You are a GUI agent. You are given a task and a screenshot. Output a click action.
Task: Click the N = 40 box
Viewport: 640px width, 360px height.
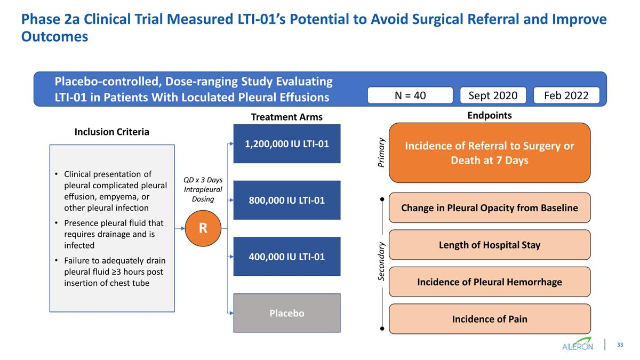[410, 95]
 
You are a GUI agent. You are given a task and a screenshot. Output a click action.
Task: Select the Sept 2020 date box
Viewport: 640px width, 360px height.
[493, 95]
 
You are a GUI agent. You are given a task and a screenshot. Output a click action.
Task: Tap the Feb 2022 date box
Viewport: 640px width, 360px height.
[566, 95]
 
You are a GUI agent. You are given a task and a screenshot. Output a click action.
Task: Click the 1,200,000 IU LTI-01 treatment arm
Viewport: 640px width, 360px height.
[287, 143]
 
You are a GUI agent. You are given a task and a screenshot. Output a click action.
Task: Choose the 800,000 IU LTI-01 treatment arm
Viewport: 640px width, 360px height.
[287, 200]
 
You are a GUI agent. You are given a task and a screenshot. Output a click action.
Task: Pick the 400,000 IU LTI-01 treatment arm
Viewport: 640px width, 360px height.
[287, 257]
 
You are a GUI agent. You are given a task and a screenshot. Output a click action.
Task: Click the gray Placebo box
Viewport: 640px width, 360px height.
[287, 313]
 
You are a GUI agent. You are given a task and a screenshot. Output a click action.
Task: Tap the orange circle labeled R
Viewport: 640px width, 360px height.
[203, 228]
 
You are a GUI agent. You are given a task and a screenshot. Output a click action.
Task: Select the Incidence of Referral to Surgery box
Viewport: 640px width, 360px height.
[490, 153]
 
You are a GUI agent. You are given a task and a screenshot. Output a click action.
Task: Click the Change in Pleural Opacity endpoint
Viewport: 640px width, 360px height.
[490, 207]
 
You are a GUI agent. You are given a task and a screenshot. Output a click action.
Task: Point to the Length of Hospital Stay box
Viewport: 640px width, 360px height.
[490, 245]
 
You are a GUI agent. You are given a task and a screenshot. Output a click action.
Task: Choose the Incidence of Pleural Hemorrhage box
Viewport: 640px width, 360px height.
[490, 282]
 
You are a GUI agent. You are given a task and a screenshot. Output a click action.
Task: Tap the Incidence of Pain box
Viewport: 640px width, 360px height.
[490, 319]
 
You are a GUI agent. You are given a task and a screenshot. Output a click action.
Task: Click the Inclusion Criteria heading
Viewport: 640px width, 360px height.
[111, 132]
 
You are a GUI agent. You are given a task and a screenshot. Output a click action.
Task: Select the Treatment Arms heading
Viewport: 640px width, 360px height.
[287, 117]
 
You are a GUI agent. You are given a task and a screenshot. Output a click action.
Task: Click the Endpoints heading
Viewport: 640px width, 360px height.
[489, 115]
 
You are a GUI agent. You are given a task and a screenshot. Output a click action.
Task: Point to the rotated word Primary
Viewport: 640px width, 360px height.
[381, 153]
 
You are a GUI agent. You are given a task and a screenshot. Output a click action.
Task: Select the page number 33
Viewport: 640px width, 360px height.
[620, 345]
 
